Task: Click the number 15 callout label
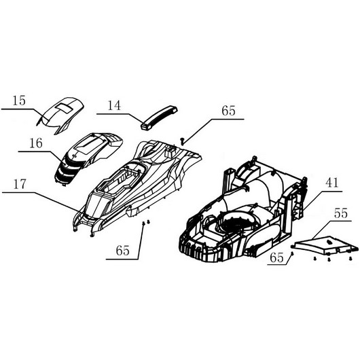tap(19, 101)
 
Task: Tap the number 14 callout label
tap(114, 105)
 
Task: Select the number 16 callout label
tap(36, 143)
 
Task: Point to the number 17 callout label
tap(20, 184)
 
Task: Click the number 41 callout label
tap(331, 183)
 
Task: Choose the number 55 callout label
tap(341, 213)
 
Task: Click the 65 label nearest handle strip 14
tap(228, 111)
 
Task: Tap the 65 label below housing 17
tap(123, 251)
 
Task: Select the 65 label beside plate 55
tap(276, 257)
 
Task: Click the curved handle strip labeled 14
tap(160, 117)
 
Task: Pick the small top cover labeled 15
tap(60, 115)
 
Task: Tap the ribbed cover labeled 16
tap(88, 156)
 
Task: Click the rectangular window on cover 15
tap(65, 108)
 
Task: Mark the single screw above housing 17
tap(183, 141)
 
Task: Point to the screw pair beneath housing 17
tap(146, 222)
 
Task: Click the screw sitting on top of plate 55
tap(329, 242)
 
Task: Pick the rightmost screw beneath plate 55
tap(350, 259)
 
